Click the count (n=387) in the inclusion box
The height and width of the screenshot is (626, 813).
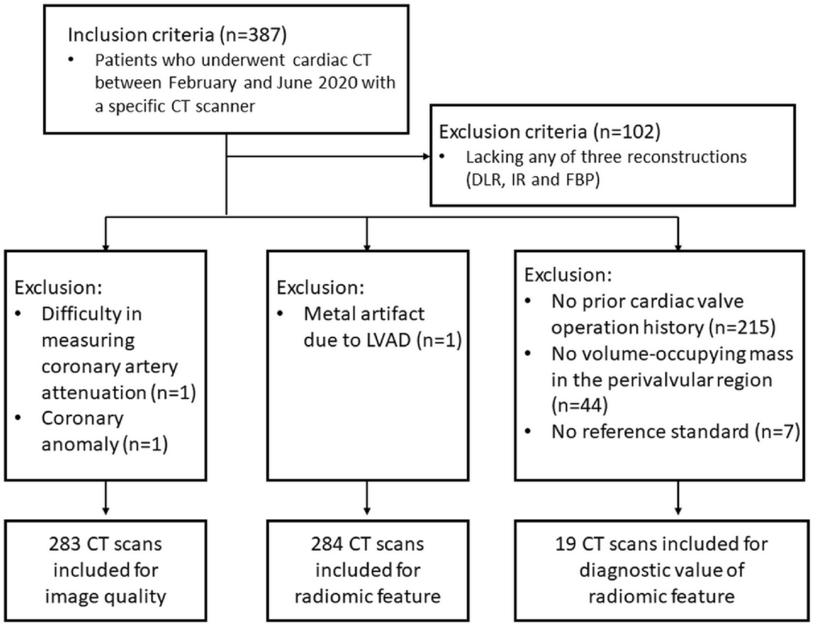pyautogui.click(x=253, y=35)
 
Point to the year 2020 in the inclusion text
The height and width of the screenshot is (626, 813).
pyautogui.click(x=335, y=83)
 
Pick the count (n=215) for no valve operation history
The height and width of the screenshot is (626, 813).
pyautogui.click(x=742, y=327)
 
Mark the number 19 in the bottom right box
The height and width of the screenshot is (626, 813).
pyautogui.click(x=566, y=543)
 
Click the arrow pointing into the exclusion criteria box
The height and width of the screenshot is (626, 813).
pyautogui.click(x=425, y=156)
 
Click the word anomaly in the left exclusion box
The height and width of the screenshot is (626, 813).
pyautogui.click(x=79, y=444)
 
